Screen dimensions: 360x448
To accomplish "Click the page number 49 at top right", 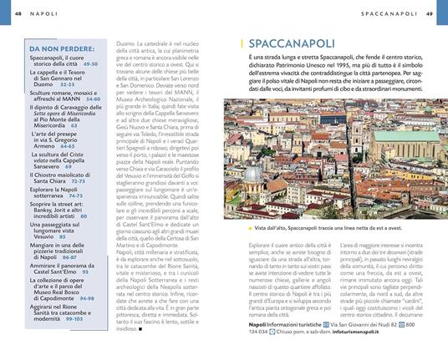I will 429,14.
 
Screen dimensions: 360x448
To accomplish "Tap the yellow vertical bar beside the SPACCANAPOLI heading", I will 241,43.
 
